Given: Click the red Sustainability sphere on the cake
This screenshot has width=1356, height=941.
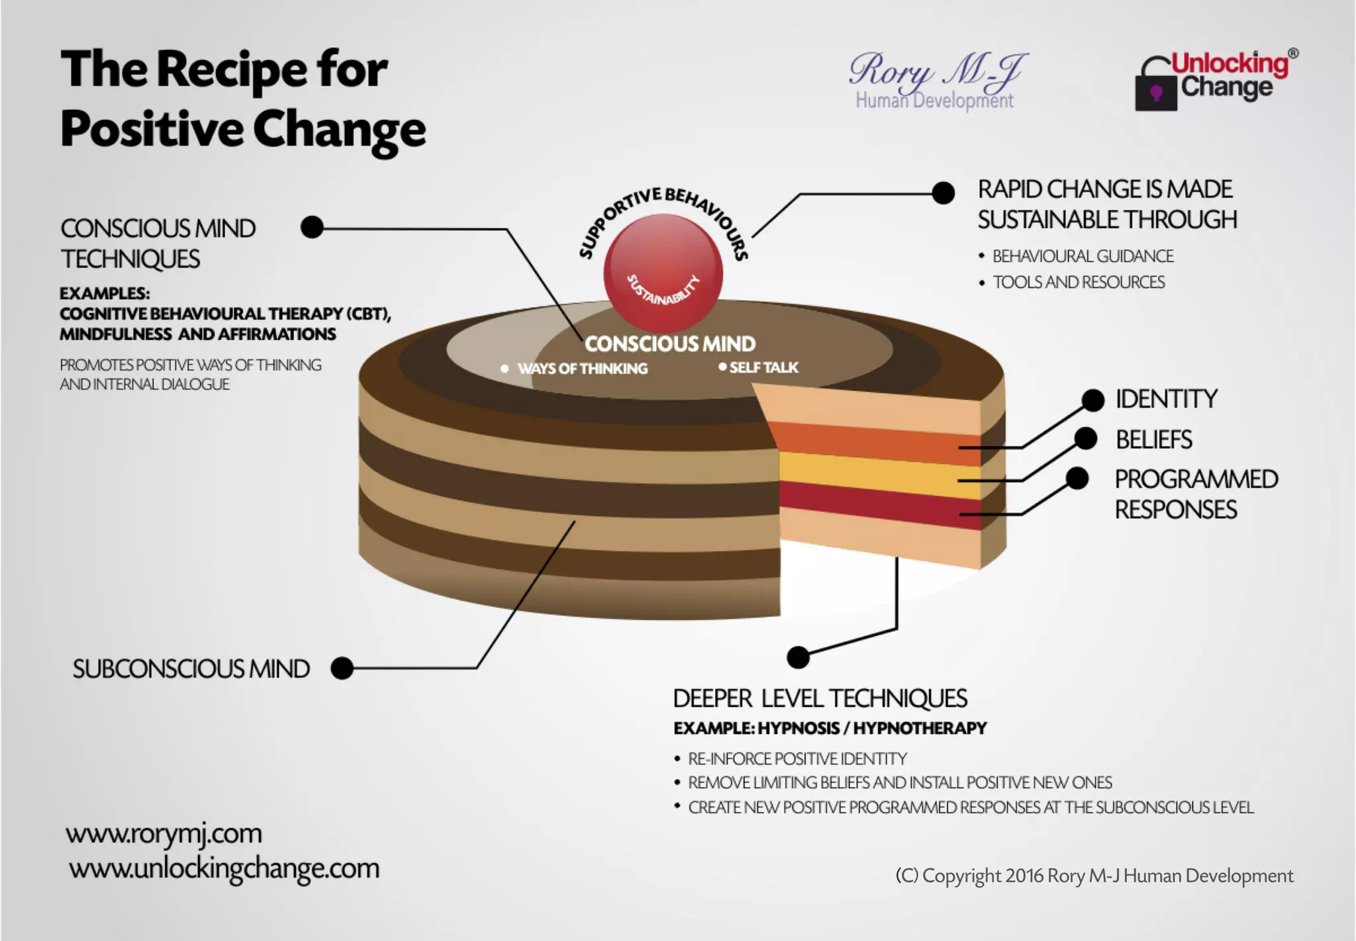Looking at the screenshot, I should [663, 273].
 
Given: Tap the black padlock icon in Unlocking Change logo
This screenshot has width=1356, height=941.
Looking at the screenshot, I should [1155, 89].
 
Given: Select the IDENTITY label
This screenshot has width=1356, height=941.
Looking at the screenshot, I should [1166, 399].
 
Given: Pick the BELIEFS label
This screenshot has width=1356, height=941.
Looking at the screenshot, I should [1153, 439].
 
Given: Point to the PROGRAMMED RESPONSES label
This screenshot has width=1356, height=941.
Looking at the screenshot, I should [1195, 494].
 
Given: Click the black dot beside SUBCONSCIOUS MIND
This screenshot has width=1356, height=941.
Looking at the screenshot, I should [342, 668].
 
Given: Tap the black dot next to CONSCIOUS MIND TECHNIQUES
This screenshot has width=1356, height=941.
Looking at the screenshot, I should [312, 227].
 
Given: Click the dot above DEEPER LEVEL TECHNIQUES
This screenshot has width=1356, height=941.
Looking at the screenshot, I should [798, 657].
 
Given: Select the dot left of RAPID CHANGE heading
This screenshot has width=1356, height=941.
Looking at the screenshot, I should [943, 193].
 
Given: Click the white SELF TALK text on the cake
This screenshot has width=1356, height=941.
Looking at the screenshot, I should [763, 367].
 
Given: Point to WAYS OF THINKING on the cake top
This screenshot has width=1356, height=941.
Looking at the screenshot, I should [582, 369].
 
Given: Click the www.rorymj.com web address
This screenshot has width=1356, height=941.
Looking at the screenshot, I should [164, 834].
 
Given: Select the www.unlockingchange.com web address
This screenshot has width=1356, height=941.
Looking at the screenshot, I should [224, 868].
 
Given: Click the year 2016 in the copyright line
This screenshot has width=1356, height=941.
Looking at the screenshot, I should [1024, 876].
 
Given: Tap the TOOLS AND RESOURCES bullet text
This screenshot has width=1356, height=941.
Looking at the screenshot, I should [1079, 283].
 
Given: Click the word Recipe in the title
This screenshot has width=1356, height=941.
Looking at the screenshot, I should [232, 69].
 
